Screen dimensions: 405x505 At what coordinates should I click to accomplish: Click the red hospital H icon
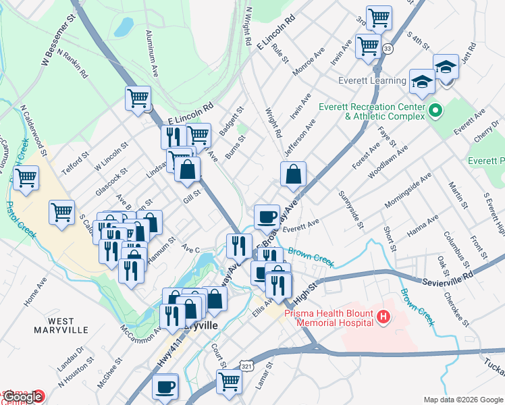(383, 316)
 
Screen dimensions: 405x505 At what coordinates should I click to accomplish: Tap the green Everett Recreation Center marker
(435, 109)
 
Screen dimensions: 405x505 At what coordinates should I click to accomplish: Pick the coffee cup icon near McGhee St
(165, 387)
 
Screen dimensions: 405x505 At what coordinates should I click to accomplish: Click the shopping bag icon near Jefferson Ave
(294, 174)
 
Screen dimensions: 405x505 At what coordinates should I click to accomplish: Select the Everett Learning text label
(373, 81)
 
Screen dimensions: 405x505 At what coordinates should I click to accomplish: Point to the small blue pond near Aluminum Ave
(123, 26)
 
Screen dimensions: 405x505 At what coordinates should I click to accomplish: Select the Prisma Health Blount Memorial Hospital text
(328, 317)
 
